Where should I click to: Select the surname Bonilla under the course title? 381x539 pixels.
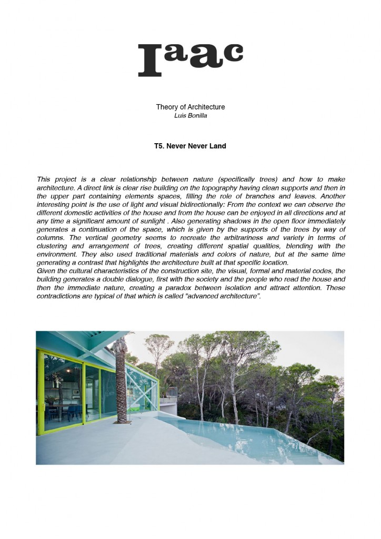click(197, 115)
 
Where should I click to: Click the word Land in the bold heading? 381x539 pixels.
click(218, 146)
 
